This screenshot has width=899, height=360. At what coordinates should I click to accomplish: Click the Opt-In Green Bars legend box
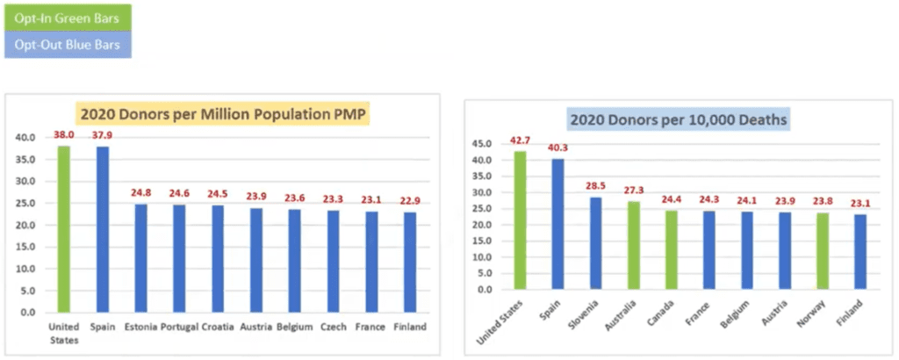[68, 17]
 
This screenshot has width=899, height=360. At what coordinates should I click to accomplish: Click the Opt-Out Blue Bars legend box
[68, 45]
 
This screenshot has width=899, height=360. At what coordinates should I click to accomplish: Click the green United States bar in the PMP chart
[64, 228]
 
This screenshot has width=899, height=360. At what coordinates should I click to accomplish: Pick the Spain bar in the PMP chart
[103, 228]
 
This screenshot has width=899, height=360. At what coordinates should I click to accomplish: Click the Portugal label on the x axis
[180, 327]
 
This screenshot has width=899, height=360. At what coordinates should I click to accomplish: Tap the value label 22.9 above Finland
[410, 201]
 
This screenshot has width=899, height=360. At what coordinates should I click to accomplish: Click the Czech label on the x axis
[334, 327]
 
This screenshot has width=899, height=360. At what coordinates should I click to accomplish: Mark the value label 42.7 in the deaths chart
[521, 140]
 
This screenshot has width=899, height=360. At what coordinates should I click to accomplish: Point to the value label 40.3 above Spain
[557, 148]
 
